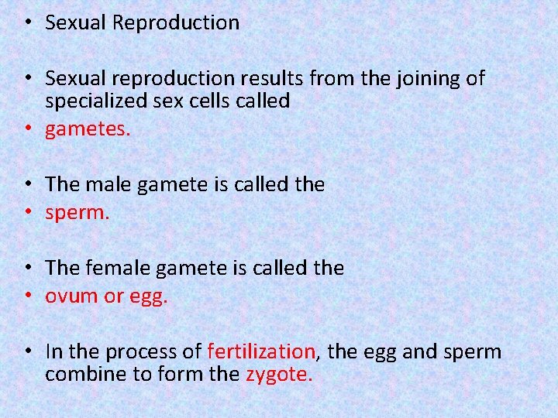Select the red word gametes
[88, 129]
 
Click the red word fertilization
[261, 351]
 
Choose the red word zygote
[279, 375]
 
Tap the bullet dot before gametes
[27, 129]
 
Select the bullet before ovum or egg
[27, 296]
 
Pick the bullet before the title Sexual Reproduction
[27, 23]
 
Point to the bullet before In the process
[27, 351]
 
